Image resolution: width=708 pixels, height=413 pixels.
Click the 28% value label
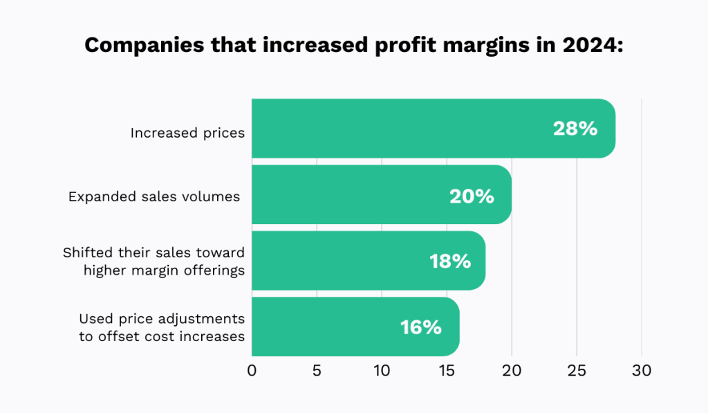tap(575, 129)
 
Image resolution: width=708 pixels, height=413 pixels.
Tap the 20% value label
tap(472, 196)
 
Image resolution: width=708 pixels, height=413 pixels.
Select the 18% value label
tap(449, 261)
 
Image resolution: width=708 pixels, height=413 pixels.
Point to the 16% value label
tap(420, 327)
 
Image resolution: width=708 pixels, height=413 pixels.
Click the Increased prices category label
tap(187, 133)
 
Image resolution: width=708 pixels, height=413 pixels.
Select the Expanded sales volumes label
tap(154, 196)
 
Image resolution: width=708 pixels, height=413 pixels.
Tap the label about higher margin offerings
tap(154, 261)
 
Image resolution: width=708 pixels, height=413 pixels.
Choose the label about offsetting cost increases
tap(162, 328)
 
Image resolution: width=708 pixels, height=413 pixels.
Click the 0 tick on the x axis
tap(252, 371)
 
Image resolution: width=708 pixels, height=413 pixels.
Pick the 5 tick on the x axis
tap(317, 371)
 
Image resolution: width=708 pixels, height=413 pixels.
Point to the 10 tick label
tap(382, 371)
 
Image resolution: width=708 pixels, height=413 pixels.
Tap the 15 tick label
tap(447, 371)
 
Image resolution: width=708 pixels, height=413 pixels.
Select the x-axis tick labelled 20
tap(512, 371)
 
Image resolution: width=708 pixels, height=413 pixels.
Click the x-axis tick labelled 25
tap(577, 371)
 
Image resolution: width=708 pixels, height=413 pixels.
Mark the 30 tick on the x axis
tap(642, 371)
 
